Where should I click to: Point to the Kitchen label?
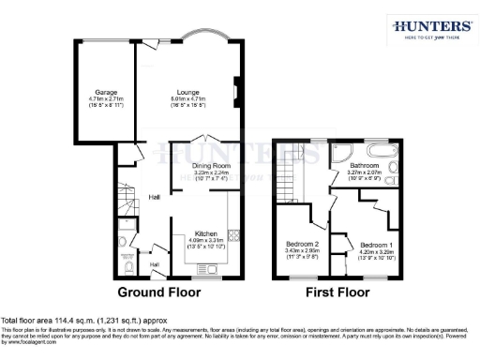(206, 233)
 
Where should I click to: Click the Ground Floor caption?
(157, 292)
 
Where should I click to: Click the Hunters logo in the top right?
(431, 28)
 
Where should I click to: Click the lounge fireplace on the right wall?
(236, 93)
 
